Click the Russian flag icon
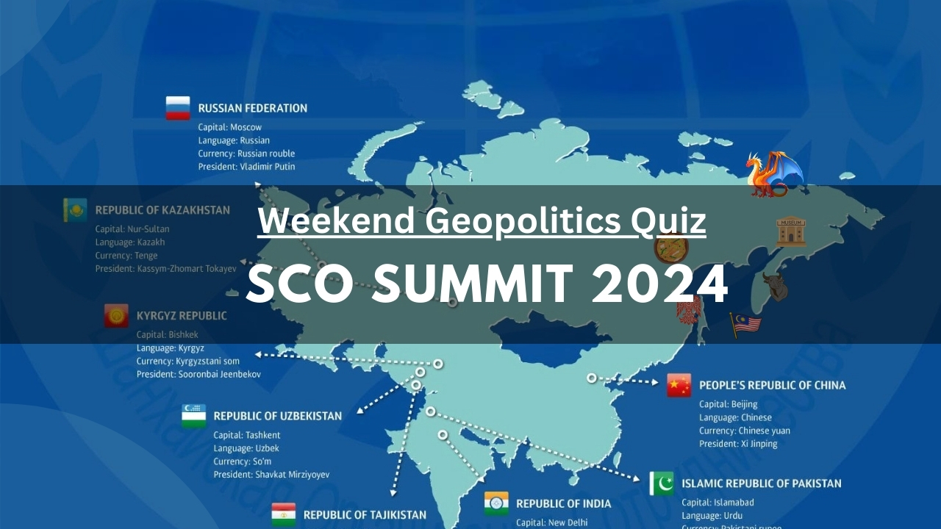pos(178,108)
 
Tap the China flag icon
pos(679,385)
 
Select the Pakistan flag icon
pos(662,483)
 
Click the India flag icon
pos(496,503)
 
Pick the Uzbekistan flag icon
pos(194,416)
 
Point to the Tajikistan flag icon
pos(284,514)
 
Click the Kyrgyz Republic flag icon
pos(116,316)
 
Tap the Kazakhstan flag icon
pos(75,210)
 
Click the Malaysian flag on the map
pos(745,324)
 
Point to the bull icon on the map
pos(774,287)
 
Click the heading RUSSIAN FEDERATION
pos(252,108)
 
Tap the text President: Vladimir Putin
pos(246,167)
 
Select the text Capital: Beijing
pos(728,404)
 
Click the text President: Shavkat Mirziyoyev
pos(271,475)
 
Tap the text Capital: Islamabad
pos(718,503)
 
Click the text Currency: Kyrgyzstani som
pos(187,361)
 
